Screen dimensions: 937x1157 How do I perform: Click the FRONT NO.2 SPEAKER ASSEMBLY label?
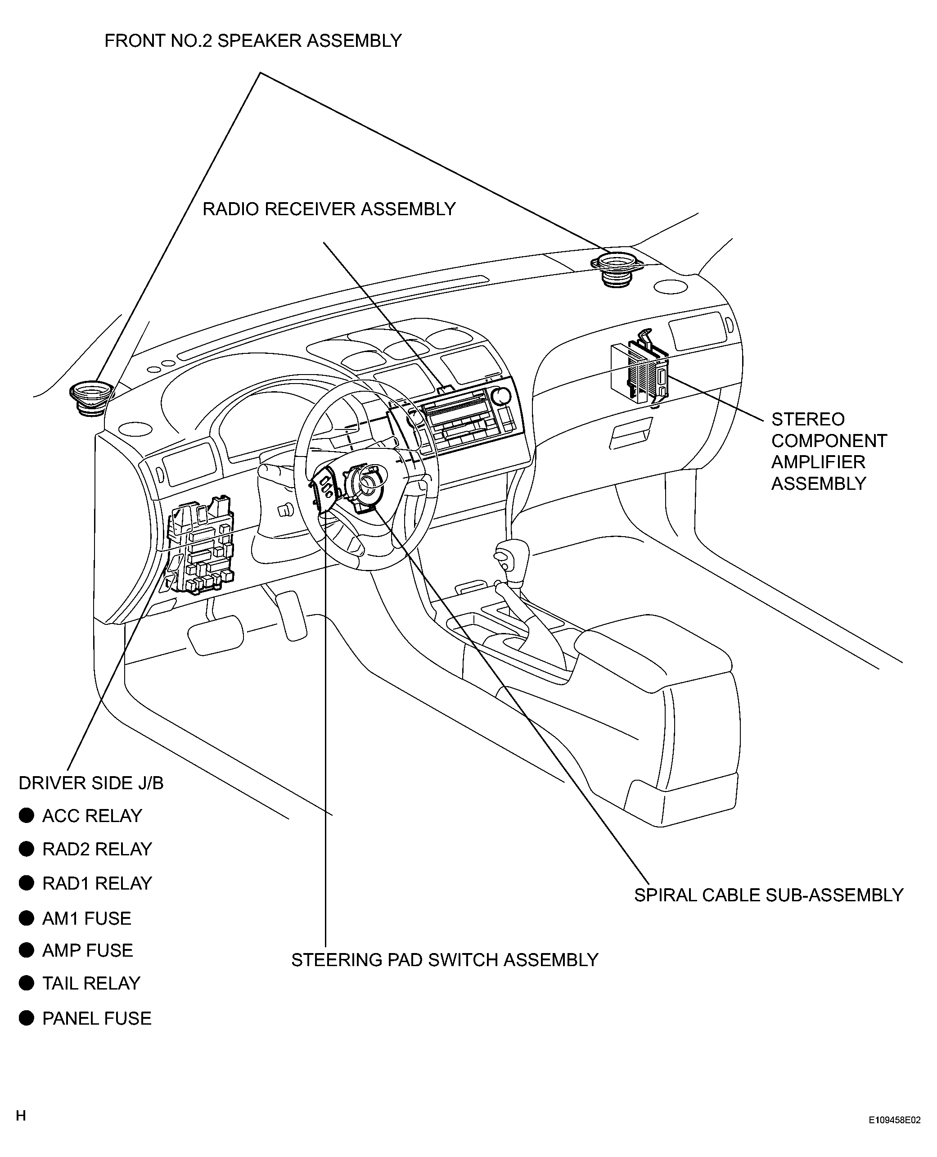tap(252, 41)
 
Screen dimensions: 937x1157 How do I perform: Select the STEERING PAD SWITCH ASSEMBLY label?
tap(445, 960)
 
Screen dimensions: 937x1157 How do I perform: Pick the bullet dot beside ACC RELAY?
tap(27, 815)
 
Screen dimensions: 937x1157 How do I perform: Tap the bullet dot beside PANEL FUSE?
tap(27, 1018)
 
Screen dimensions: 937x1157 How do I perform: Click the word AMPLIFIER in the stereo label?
tap(818, 462)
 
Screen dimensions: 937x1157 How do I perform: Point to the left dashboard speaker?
tap(91, 398)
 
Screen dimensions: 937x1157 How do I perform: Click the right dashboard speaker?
tap(618, 268)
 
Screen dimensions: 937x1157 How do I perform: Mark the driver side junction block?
tap(201, 545)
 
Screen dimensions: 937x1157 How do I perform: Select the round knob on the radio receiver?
tap(501, 396)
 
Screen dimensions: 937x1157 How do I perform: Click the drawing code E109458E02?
tap(894, 1120)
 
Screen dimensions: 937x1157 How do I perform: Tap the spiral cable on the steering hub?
tap(366, 484)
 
